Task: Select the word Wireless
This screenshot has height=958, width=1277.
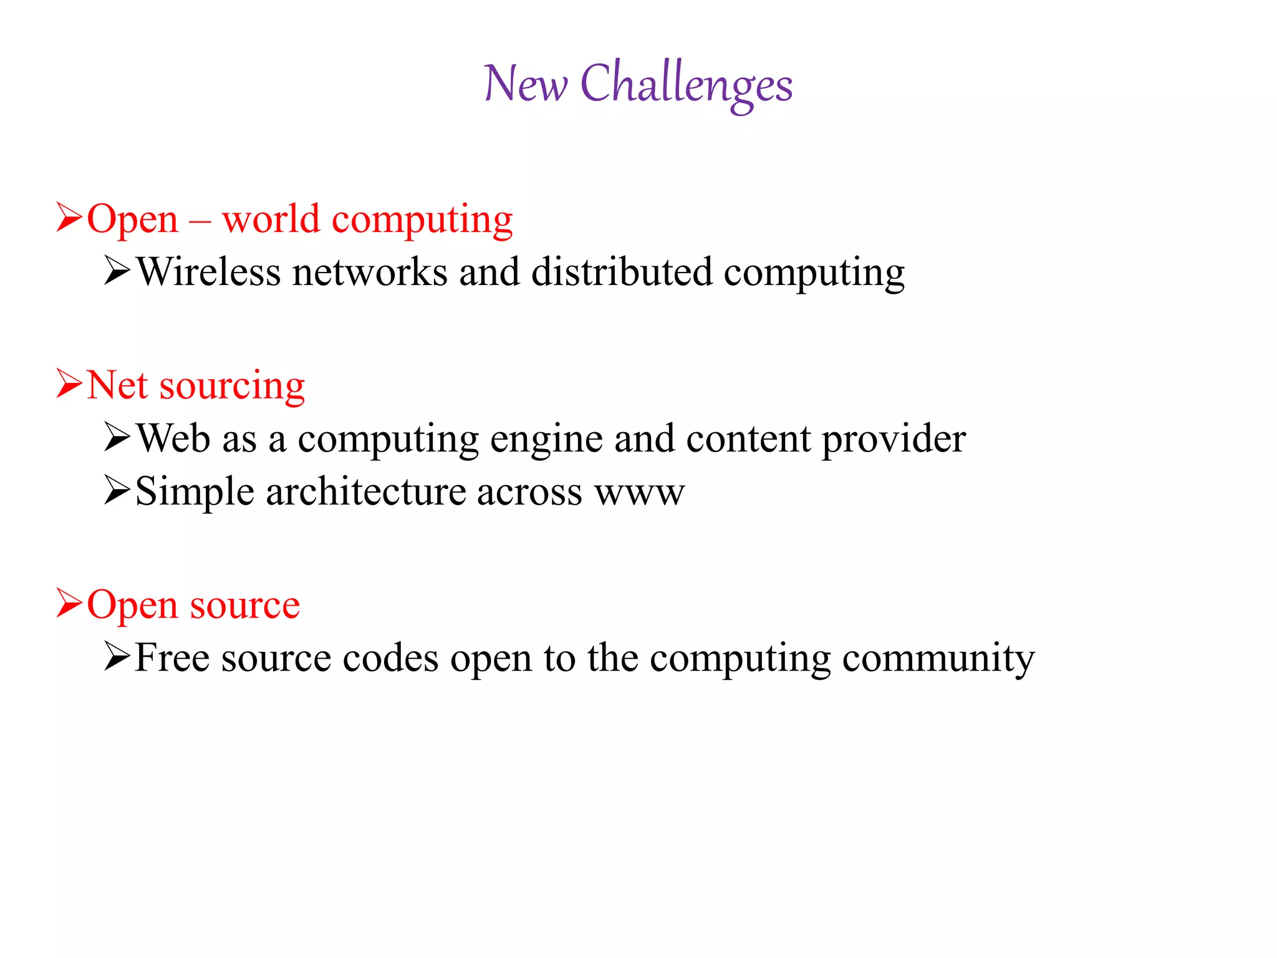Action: pyautogui.click(x=208, y=273)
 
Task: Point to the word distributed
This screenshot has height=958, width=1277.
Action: pyautogui.click(x=622, y=273)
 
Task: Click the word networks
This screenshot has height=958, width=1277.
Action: pyautogui.click(x=370, y=273)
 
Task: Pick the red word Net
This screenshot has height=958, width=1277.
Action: pyautogui.click(x=117, y=385)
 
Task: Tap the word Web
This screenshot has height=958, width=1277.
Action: pyautogui.click(x=173, y=438)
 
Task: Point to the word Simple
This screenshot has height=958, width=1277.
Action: pyautogui.click(x=195, y=493)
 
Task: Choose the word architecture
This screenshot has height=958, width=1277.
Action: pyautogui.click(x=365, y=491)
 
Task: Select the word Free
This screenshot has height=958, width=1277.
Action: pyautogui.click(x=172, y=658)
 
